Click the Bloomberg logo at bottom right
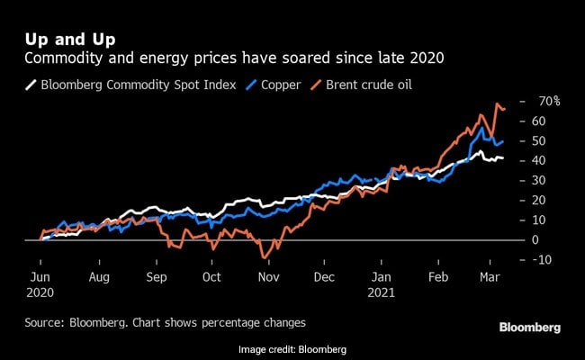tap(529, 326)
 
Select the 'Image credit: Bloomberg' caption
tap(292, 348)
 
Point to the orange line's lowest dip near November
tap(265, 257)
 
